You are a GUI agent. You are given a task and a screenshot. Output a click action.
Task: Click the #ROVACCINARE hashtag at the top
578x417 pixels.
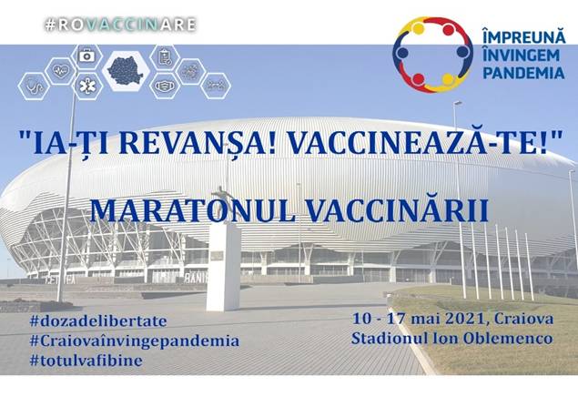(120, 25)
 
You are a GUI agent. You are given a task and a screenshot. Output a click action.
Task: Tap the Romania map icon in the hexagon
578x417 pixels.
(126, 70)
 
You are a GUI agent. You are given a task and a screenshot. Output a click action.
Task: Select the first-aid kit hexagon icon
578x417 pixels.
(86, 56)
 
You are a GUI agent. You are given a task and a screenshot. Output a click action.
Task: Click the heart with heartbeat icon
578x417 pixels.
(61, 70)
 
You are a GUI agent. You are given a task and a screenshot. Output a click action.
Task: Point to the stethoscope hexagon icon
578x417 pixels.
(34, 86)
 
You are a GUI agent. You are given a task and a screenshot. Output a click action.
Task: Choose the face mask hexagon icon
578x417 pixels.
(165, 86)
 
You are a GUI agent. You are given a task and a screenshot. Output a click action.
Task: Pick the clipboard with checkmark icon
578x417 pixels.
(165, 57)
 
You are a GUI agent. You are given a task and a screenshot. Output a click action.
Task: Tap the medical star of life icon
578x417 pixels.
(87, 86)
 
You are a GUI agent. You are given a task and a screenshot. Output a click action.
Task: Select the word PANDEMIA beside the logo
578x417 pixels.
(523, 73)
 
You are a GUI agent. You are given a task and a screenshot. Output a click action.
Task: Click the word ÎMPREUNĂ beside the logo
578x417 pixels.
(523, 36)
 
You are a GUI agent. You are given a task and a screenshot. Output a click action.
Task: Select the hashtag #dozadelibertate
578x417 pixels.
(98, 320)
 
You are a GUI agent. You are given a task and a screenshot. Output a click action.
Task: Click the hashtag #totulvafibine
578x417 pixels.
(86, 361)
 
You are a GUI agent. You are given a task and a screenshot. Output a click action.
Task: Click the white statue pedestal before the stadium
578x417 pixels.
(223, 268)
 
